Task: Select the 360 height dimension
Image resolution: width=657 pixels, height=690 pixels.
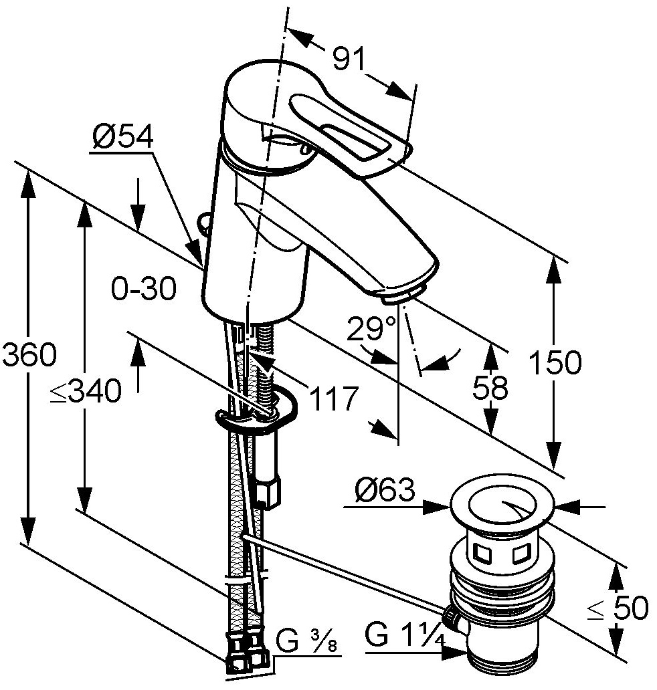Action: pos(29,354)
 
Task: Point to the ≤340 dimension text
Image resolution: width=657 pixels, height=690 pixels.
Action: pos(86,391)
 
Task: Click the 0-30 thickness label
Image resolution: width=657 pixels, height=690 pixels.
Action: pos(144,289)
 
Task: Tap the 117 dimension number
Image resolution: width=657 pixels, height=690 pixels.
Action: pos(333,398)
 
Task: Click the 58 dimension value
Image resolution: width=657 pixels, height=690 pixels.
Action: pos(490,388)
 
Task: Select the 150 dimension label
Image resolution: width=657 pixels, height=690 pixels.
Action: pos(555,362)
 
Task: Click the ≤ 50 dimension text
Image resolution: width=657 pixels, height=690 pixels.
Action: pos(618,608)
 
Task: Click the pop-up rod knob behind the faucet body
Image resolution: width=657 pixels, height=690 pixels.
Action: pos(204,223)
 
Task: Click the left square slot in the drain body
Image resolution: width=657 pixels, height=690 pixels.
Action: pos(481,553)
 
